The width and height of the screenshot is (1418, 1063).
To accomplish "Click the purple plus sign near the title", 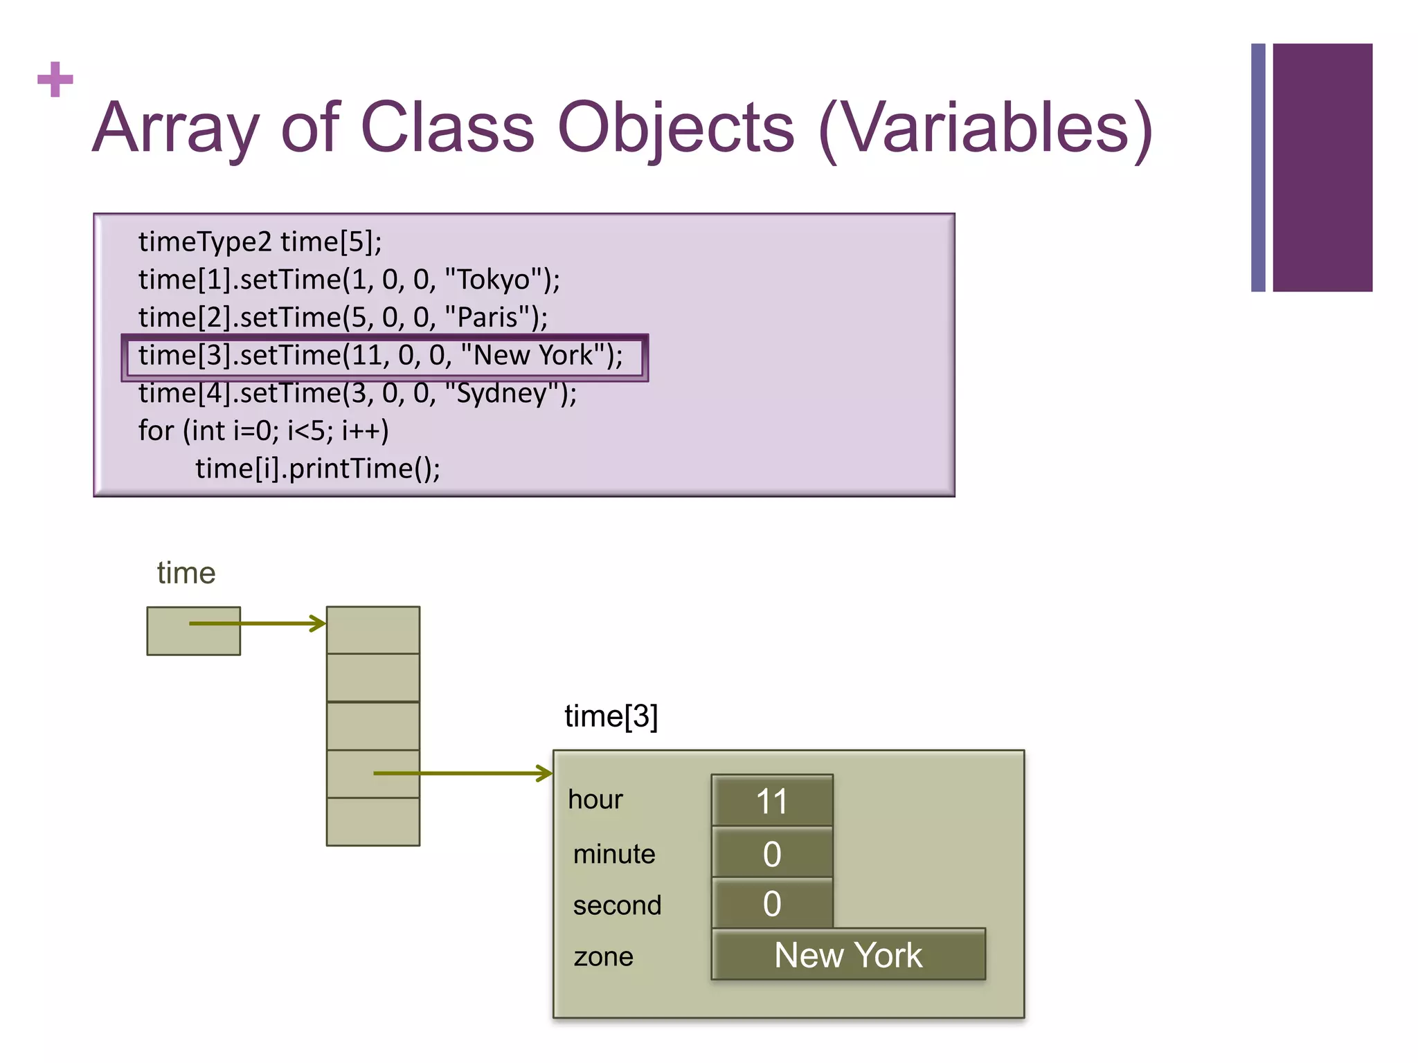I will [x=55, y=80].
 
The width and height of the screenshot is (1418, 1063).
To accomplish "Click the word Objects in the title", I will [x=676, y=128].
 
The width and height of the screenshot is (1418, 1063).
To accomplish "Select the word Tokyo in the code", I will [x=494, y=280].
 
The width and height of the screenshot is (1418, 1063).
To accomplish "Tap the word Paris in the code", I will [x=487, y=318].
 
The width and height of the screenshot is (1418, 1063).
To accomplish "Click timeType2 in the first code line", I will [x=205, y=242].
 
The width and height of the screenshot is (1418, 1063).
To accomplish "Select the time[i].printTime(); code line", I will [x=317, y=469].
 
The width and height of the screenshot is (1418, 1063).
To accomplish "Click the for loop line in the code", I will [x=263, y=431].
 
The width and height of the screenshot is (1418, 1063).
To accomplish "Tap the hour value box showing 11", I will [x=772, y=801].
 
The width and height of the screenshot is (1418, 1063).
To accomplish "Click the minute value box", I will [x=772, y=853].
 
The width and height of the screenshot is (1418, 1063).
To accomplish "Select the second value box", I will [x=772, y=904].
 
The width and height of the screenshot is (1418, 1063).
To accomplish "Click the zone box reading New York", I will [x=848, y=955].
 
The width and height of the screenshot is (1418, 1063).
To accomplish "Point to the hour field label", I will [x=595, y=800].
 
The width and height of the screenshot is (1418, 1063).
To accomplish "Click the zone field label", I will [x=603, y=957].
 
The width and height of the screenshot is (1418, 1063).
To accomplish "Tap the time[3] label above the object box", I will [x=611, y=716].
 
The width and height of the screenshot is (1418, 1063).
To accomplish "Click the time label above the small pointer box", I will [x=186, y=573].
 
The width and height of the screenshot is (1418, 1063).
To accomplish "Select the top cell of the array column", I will [x=373, y=630].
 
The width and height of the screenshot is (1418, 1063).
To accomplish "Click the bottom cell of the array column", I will [x=373, y=821].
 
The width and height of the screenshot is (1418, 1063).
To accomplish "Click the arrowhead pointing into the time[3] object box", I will [x=546, y=773].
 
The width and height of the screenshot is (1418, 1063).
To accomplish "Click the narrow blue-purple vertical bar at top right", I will [x=1258, y=167].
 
